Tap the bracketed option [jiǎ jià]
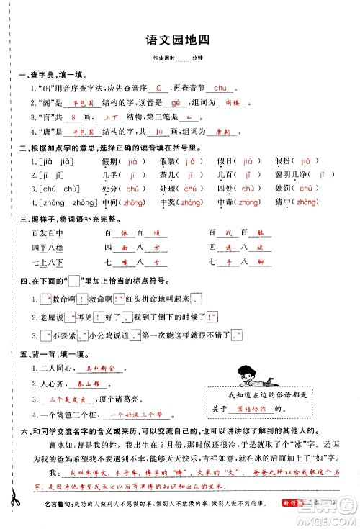pyautogui.click(x=51, y=161)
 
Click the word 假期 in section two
pyautogui.click(x=112, y=161)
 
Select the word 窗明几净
pyautogui.click(x=276, y=175)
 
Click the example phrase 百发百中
pyautogui.click(x=48, y=232)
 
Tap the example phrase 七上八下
pyautogui.click(x=48, y=261)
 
